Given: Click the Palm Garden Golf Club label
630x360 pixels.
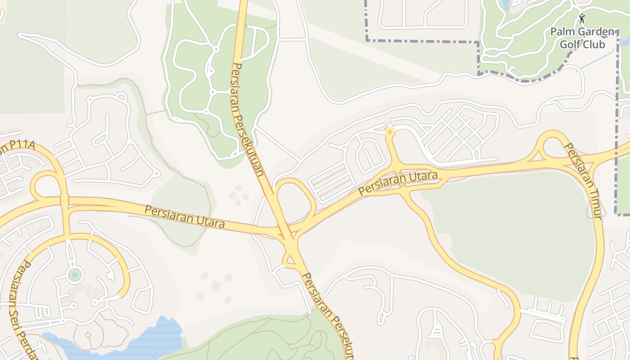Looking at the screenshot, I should click(x=582, y=38).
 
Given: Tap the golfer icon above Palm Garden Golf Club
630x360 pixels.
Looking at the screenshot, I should click(x=582, y=18).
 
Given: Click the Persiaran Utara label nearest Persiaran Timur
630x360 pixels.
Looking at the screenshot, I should click(x=399, y=182).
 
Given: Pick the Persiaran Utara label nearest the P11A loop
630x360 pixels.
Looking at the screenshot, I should click(x=184, y=216).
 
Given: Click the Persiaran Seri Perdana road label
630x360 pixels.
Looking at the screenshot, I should click(x=22, y=310).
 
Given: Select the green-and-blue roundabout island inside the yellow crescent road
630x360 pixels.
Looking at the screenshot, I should click(x=75, y=274).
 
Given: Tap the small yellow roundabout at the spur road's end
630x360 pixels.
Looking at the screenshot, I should click(x=390, y=131).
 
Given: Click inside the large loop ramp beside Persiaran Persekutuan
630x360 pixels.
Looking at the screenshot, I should click(x=295, y=200).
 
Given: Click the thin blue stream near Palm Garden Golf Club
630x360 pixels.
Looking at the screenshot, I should click(x=598, y=58).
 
